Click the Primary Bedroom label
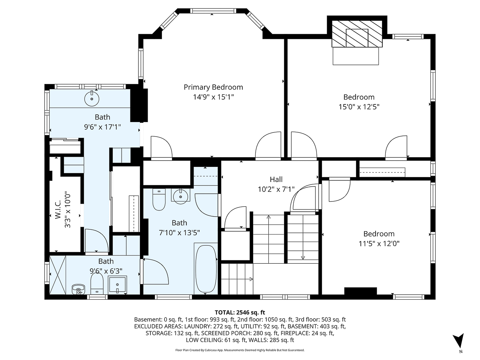pyautogui.click(x=213, y=87)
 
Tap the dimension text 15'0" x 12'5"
pyautogui.click(x=359, y=107)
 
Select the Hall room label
pyautogui.click(x=276, y=180)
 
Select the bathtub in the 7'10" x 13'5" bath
pyautogui.click(x=206, y=268)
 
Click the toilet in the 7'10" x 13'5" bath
pyautogui.click(x=159, y=199)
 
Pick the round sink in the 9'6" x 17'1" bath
pyautogui.click(x=92, y=98)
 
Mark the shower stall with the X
pyautogui.click(x=58, y=276)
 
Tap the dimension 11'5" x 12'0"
pyautogui.click(x=379, y=243)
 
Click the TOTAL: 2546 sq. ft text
pyautogui.click(x=240, y=312)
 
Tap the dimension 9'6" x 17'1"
pyautogui.click(x=102, y=127)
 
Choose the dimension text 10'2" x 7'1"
pyautogui.click(x=276, y=189)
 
